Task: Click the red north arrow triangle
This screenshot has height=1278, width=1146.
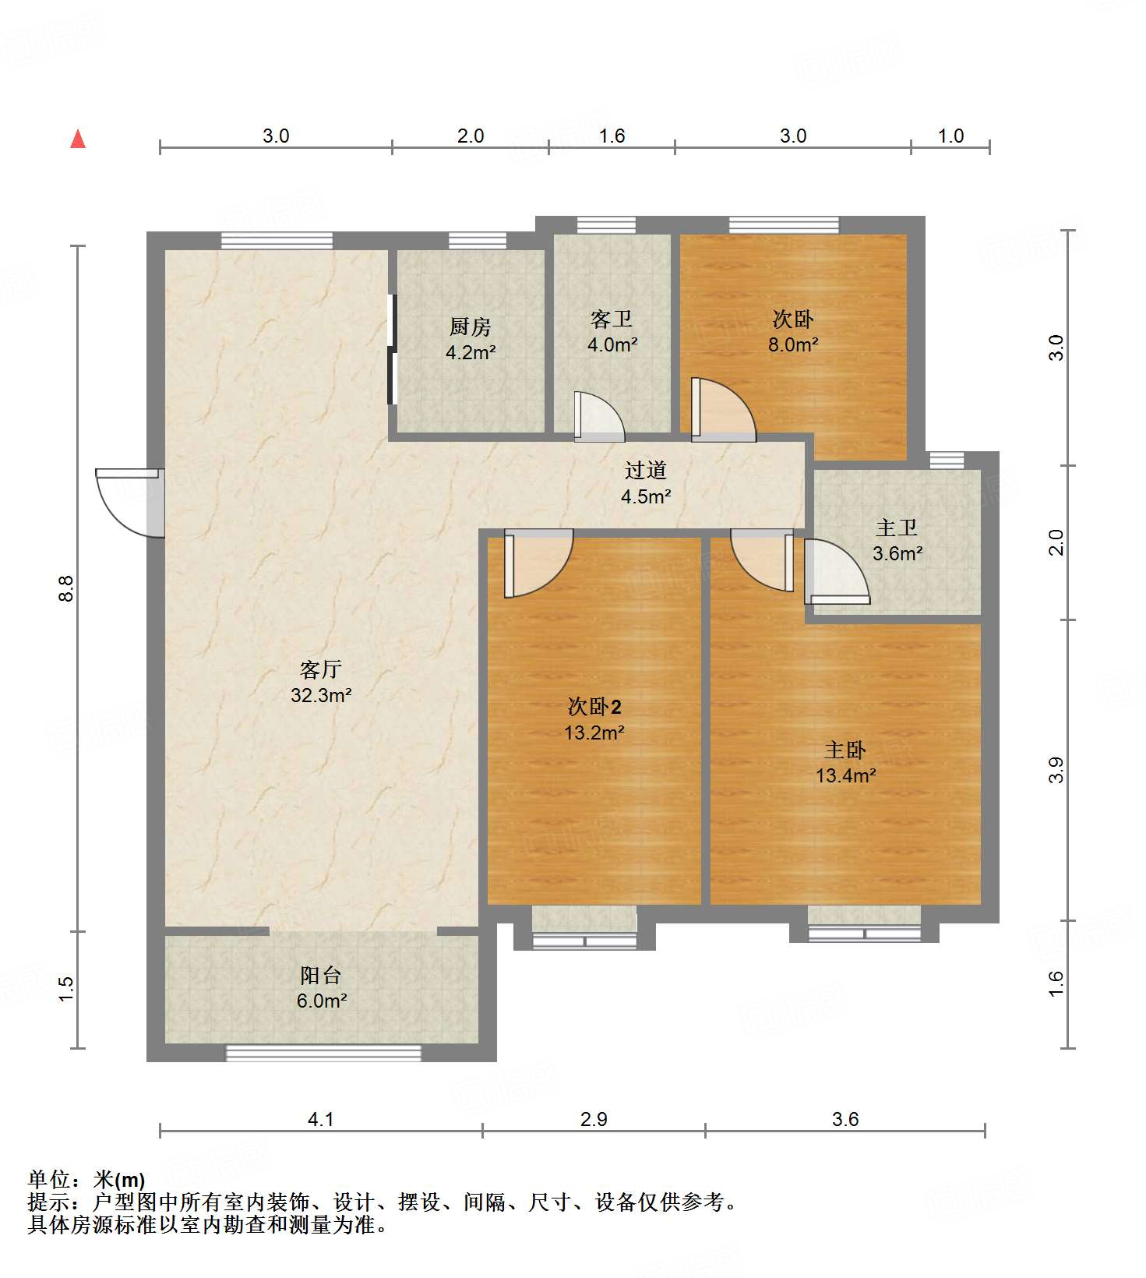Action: [x=78, y=139]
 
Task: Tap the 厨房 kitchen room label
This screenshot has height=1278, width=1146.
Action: [x=471, y=327]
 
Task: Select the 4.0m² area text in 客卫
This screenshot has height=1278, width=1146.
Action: [x=612, y=344]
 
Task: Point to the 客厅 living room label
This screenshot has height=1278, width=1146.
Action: [x=321, y=669]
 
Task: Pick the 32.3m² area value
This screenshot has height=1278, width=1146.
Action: [x=321, y=695]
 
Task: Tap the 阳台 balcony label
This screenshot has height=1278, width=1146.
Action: [x=321, y=975]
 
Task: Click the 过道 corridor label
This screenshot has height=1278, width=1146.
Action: [x=646, y=470]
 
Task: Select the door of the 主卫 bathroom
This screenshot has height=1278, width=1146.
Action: [x=836, y=573]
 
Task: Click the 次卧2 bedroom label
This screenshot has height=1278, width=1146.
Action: [x=594, y=707]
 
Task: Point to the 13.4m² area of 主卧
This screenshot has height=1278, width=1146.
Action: [x=845, y=775]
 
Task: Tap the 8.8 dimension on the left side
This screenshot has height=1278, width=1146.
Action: [x=66, y=588]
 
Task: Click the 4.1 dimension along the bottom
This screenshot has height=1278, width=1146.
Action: [x=321, y=1120]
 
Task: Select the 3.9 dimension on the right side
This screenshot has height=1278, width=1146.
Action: [x=1056, y=770]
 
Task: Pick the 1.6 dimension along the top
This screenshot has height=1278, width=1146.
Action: [x=612, y=136]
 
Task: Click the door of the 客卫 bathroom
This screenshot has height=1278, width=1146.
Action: [x=598, y=418]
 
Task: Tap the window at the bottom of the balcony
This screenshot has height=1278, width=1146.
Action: [x=323, y=1054]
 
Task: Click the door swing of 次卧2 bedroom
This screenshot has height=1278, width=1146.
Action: [x=538, y=563]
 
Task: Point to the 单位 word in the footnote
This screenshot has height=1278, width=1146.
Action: [x=48, y=1180]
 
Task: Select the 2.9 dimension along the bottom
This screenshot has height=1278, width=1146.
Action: [x=594, y=1120]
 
